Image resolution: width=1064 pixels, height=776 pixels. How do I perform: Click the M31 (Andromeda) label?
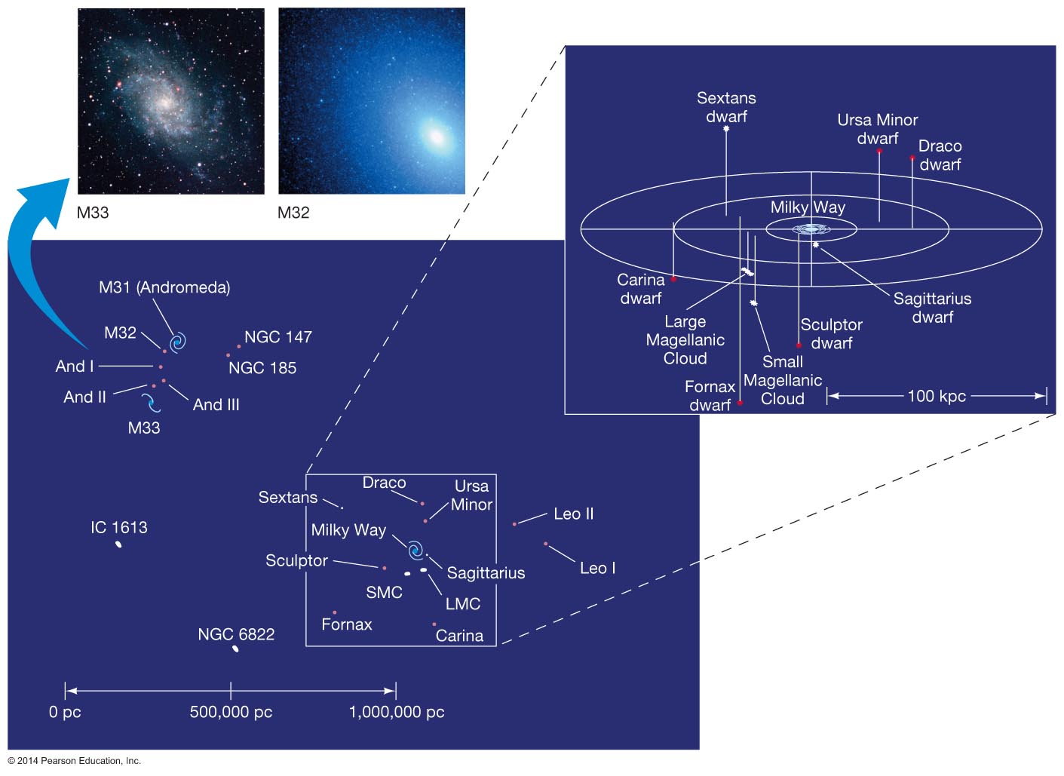(164, 287)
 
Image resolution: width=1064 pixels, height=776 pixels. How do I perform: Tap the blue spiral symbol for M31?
(178, 343)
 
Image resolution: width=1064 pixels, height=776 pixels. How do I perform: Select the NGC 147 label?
(277, 337)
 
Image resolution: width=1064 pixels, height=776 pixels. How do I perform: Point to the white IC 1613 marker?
(118, 544)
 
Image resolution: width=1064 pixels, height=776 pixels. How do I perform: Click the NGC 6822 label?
(236, 634)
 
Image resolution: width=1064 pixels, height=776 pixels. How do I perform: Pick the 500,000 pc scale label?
(231, 712)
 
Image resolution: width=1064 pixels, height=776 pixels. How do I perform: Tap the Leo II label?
(573, 514)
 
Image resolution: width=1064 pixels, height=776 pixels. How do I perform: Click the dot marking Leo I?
(545, 544)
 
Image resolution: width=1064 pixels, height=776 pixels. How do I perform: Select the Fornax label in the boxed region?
(347, 624)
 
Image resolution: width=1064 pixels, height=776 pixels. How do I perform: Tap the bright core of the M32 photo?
(435, 136)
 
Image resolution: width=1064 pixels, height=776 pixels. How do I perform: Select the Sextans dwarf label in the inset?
(726, 107)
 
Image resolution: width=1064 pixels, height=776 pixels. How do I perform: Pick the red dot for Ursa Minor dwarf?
(879, 152)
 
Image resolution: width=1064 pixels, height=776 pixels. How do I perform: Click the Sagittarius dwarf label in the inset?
(932, 308)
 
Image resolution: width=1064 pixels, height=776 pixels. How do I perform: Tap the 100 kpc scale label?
(937, 396)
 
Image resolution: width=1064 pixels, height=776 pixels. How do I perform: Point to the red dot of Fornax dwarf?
(741, 403)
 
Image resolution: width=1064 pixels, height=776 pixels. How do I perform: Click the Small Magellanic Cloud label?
(782, 380)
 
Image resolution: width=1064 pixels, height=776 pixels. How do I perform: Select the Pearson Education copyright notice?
(75, 761)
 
